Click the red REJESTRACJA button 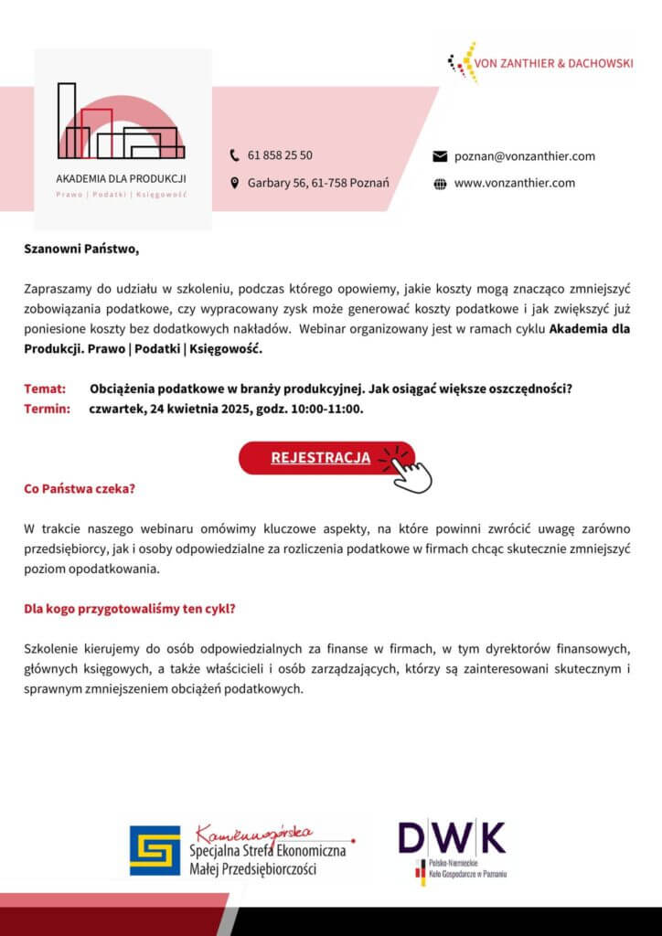[x=320, y=458]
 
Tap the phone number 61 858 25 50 [x=280, y=155]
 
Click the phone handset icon [x=234, y=155]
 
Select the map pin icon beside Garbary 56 [x=234, y=183]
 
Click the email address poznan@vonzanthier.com [x=524, y=156]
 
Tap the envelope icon [x=439, y=156]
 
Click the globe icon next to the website [x=439, y=183]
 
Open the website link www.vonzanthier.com [x=514, y=183]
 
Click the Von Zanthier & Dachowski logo [x=539, y=62]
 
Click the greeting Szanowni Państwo [x=81, y=248]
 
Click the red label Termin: [x=47, y=409]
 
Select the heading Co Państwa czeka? [x=80, y=489]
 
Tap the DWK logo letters [x=452, y=837]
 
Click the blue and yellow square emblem [x=155, y=850]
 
